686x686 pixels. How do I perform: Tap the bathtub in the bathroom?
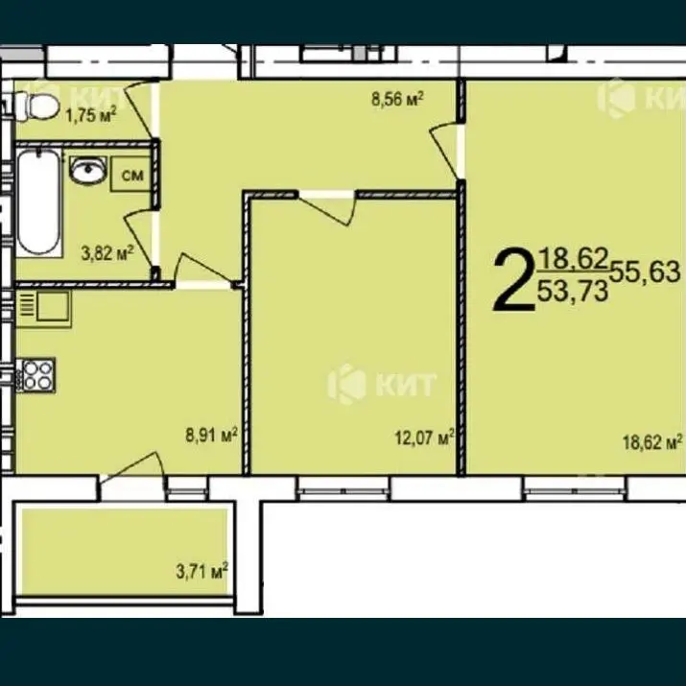coord(38,202)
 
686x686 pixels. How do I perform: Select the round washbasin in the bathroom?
coord(88,170)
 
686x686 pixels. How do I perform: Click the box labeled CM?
coord(131,175)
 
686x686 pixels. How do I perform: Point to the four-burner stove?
coord(35,375)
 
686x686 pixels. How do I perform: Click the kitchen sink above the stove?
coord(44,309)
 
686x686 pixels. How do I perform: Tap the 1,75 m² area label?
coord(91,116)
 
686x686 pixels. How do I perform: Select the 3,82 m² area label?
coord(107,253)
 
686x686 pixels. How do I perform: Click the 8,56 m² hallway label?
coord(397,99)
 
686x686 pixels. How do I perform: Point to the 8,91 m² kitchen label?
coord(212,436)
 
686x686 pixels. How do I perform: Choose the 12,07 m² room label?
coord(424,438)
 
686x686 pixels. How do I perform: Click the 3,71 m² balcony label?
coord(202,571)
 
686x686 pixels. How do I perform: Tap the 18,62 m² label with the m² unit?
coord(652,442)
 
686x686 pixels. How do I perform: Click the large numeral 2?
coord(514,279)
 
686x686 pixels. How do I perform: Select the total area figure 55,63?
coord(646,272)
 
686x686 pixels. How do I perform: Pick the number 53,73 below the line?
coord(573,291)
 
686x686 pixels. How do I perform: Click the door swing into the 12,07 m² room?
coord(327,208)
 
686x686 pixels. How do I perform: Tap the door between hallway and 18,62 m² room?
coord(447,151)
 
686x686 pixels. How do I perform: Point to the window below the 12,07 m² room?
coord(343,488)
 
